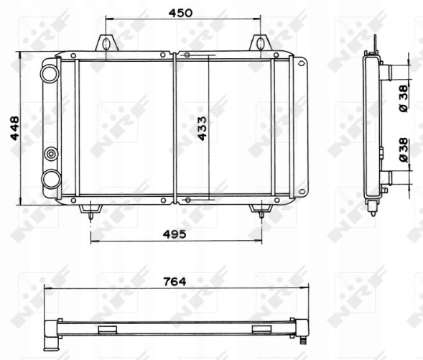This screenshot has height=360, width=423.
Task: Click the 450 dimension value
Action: (180, 13)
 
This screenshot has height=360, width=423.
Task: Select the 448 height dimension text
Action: (14, 128)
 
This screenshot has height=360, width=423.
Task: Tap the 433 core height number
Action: (202, 128)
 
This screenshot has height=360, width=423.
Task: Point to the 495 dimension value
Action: (175, 234)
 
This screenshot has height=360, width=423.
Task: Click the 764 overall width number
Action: (175, 282)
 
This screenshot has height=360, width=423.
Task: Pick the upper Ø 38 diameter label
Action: (404, 98)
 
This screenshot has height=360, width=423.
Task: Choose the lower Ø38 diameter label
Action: (404, 150)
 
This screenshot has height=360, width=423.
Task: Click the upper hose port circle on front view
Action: (50, 73)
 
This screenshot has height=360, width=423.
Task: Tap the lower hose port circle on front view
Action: (51, 179)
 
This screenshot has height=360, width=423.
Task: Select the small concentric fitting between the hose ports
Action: (51, 154)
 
